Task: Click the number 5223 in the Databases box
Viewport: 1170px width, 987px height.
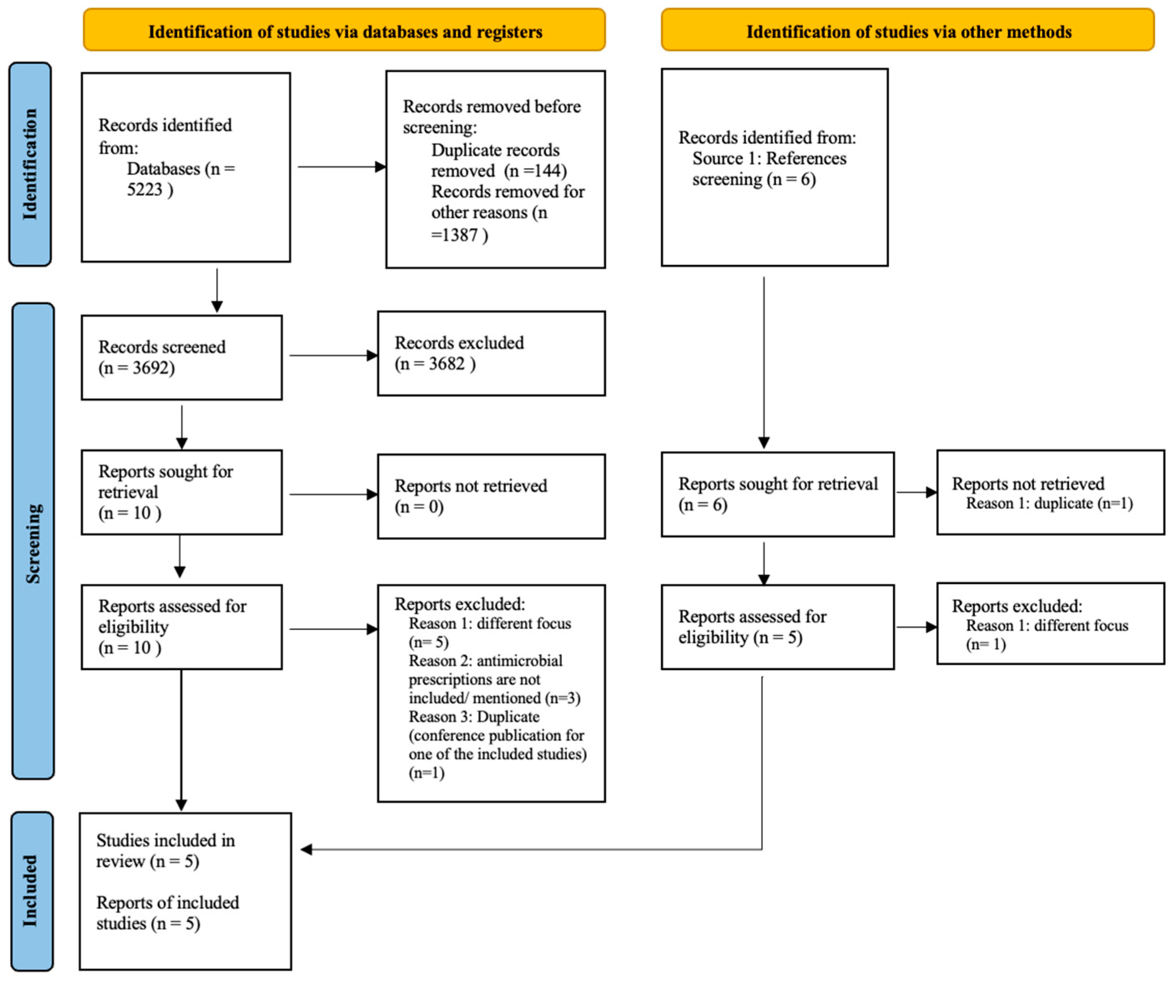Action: pos(144,190)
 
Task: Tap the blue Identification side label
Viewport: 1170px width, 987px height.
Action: pos(30,164)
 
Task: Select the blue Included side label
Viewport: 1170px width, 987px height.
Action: pos(32,890)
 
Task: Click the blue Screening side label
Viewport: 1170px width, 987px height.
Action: pos(33,541)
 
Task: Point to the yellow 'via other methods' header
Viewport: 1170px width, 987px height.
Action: pos(908,31)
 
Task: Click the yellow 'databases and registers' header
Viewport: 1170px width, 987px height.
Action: pos(345,31)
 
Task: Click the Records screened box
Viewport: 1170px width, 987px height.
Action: pos(181,358)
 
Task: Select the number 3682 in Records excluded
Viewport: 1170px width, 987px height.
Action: pos(446,364)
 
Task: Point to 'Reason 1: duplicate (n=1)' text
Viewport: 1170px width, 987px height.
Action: pos(1049,504)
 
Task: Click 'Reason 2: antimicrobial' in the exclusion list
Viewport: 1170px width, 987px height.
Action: pos(485,661)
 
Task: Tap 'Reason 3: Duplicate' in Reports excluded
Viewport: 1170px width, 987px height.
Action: pos(473,717)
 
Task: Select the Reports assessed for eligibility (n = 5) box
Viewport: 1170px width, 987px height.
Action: pos(777,627)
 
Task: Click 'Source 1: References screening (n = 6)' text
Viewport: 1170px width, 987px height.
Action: pos(768,169)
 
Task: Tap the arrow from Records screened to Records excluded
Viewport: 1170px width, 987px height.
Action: pos(332,355)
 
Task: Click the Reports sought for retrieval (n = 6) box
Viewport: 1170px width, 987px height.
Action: pos(777,494)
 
